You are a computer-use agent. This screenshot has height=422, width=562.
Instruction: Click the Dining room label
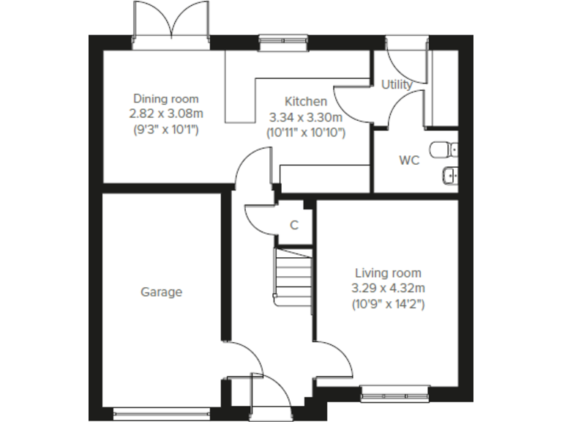point(165,99)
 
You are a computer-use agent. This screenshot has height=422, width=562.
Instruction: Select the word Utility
point(397,84)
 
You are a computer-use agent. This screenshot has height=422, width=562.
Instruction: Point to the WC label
point(409,160)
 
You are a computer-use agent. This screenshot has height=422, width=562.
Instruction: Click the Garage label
point(161,292)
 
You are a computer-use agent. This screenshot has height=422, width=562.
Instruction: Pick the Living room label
point(388,272)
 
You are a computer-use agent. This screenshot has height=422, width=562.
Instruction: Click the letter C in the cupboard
point(294,225)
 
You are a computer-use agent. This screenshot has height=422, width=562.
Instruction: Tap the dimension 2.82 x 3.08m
point(165,114)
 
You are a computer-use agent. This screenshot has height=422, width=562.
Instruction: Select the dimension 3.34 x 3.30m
point(306,117)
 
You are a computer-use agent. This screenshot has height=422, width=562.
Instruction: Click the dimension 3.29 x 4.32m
point(388,287)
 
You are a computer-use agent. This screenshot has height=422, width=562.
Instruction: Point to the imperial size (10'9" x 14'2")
point(388,303)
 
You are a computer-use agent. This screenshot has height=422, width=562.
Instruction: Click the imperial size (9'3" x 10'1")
point(165,130)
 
